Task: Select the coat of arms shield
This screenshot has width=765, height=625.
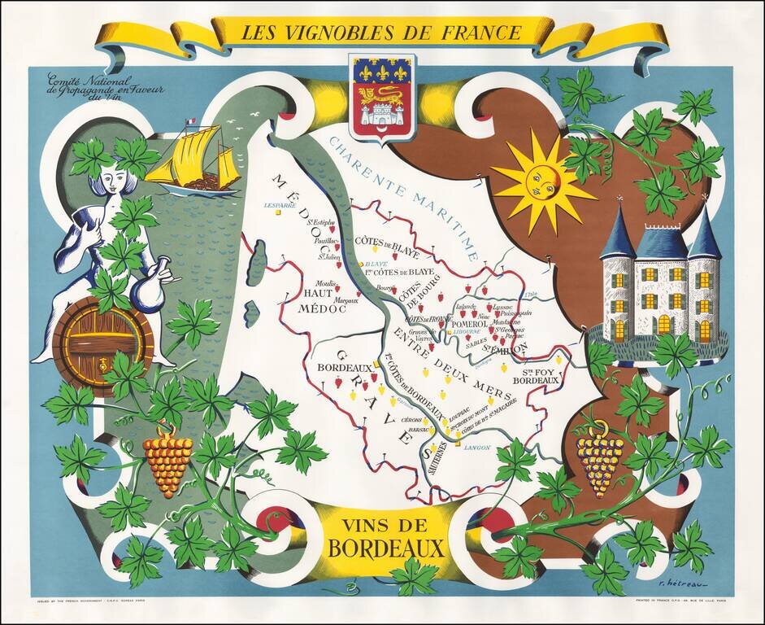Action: click(x=381, y=96)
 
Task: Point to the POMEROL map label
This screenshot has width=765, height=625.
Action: click(x=467, y=324)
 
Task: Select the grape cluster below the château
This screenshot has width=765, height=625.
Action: click(x=600, y=462)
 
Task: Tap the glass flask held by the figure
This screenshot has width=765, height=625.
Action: click(x=151, y=287)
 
